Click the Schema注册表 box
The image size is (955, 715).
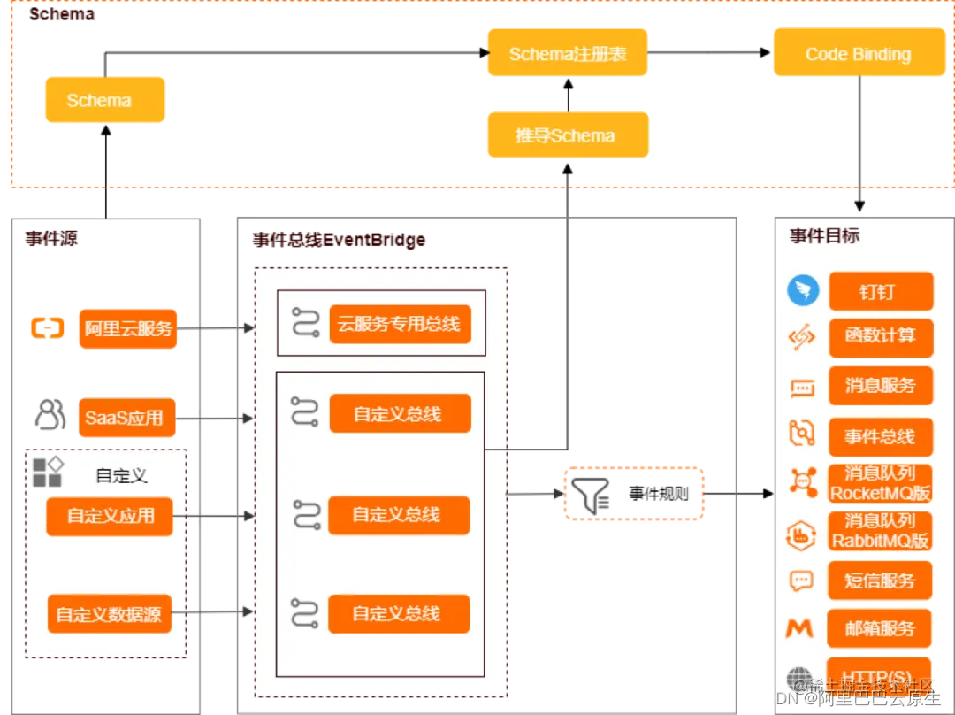[x=568, y=54]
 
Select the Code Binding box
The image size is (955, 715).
[x=858, y=54]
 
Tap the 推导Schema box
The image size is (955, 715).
[x=568, y=135]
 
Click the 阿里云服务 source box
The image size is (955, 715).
[x=128, y=328]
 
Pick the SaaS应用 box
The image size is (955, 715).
[x=125, y=417]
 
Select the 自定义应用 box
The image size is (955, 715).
[x=110, y=516]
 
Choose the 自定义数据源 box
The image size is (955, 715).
[x=109, y=614]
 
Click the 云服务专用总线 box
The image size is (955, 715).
[x=400, y=324]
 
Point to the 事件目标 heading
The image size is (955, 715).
[x=824, y=236]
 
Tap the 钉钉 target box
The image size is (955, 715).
[x=881, y=291]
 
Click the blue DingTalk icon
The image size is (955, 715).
[x=803, y=291]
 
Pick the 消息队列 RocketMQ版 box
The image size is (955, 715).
[x=881, y=483]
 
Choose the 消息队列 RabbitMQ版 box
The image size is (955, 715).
[x=881, y=531]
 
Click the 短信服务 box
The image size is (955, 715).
[x=881, y=580]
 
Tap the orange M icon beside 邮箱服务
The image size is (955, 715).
[x=800, y=628]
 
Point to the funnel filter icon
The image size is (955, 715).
[x=591, y=495]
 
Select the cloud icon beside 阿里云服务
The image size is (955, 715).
[x=48, y=328]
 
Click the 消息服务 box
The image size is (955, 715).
[x=881, y=386]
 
